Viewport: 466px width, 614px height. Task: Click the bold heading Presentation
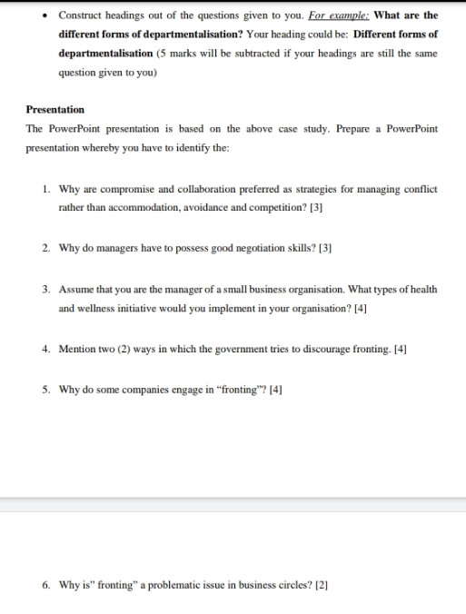(55, 110)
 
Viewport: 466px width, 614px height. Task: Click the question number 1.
(45, 190)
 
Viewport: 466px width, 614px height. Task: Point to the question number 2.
(45, 248)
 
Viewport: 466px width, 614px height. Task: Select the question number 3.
(45, 290)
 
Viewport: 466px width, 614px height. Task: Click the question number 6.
(45, 586)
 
